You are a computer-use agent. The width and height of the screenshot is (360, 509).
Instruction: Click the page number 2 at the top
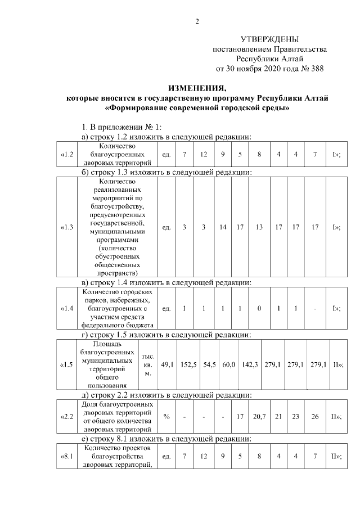(x=197, y=21)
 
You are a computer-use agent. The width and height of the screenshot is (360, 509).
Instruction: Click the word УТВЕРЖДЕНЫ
(x=269, y=39)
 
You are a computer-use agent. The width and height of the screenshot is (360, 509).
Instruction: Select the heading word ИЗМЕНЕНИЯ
(x=197, y=88)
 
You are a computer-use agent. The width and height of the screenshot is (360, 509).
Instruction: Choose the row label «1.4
(x=66, y=308)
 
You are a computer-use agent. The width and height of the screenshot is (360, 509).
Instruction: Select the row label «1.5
(x=66, y=365)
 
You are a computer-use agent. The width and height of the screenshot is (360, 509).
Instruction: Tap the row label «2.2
(x=66, y=417)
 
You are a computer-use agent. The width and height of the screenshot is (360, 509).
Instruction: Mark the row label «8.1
(x=66, y=456)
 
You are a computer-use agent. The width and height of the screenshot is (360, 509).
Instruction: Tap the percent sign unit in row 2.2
(x=166, y=417)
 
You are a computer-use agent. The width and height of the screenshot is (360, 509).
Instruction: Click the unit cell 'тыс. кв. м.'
(x=148, y=365)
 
